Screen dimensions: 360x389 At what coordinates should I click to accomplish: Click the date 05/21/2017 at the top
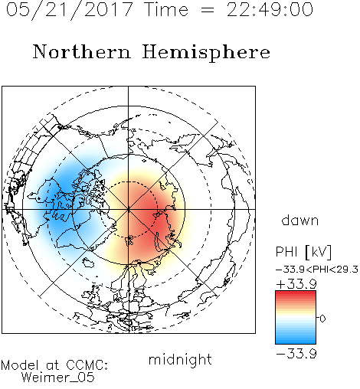(x=70, y=9)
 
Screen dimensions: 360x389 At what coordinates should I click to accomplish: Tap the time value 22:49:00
(x=270, y=9)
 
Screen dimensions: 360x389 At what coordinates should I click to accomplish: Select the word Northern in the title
(x=82, y=51)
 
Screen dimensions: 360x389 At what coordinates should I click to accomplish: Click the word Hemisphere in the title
(x=206, y=53)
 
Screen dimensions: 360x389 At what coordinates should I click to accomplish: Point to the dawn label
(x=300, y=220)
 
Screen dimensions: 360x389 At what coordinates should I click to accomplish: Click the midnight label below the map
(x=180, y=360)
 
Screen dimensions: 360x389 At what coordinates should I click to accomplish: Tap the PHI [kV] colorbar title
(x=303, y=252)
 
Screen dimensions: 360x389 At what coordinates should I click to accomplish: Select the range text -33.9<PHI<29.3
(x=317, y=270)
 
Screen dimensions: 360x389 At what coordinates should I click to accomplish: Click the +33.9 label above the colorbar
(x=296, y=284)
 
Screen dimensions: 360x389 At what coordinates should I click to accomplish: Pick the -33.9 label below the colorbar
(x=296, y=354)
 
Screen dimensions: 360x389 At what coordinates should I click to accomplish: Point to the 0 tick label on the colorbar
(x=322, y=319)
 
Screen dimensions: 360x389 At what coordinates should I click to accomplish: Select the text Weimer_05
(x=58, y=378)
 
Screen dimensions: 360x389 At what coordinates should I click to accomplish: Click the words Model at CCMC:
(x=54, y=365)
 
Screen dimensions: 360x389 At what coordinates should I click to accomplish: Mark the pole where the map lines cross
(x=129, y=210)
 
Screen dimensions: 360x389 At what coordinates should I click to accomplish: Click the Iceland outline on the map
(x=87, y=262)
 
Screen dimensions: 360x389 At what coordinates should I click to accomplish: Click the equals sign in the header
(x=208, y=11)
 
